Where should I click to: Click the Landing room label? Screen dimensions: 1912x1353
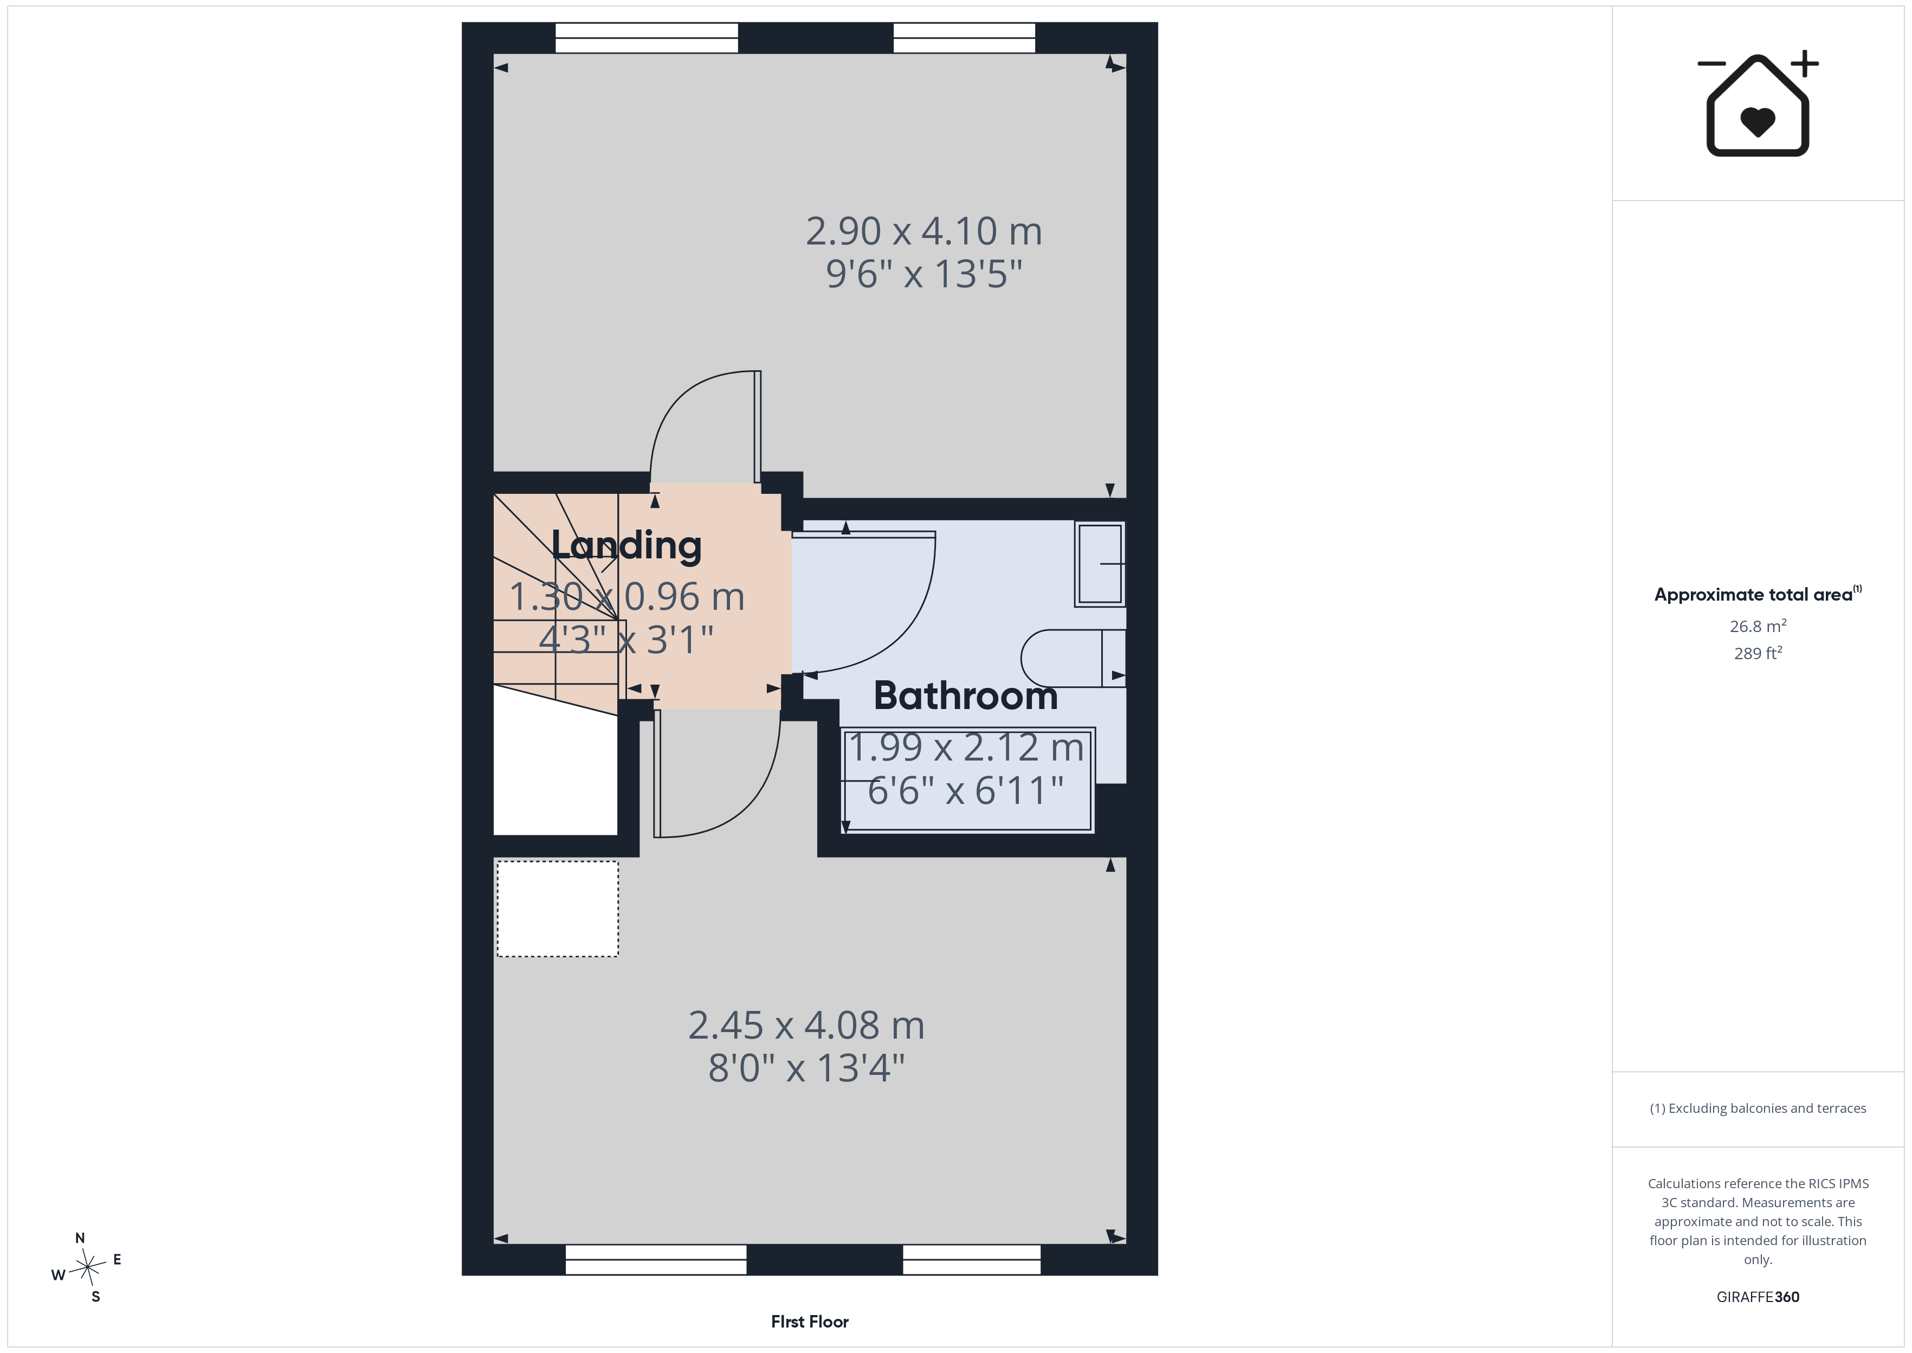pos(626,546)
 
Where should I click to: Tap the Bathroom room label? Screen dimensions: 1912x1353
pos(965,695)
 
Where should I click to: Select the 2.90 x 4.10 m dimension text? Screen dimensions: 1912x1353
pos(923,231)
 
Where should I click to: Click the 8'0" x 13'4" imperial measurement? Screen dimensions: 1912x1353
pos(806,1068)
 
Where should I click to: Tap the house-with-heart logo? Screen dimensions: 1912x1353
pos(1758,104)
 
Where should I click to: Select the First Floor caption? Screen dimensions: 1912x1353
pos(810,1322)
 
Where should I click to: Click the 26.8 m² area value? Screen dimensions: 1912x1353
pos(1758,626)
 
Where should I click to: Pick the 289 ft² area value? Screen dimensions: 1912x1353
pos(1758,653)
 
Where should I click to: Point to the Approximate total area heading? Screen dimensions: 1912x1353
pos(1757,594)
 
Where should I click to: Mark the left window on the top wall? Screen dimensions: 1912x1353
pos(646,37)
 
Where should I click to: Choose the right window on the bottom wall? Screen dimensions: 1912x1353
pos(972,1260)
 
